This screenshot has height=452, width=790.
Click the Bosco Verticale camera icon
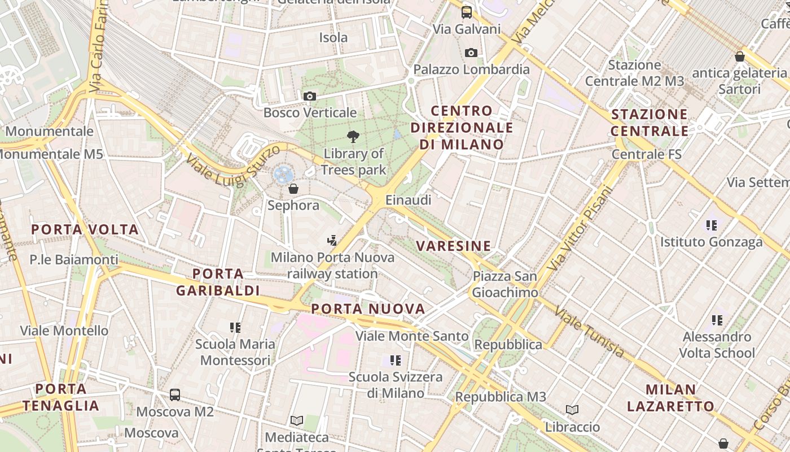click(309, 97)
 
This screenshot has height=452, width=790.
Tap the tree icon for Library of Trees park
click(353, 137)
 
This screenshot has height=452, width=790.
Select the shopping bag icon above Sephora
click(293, 189)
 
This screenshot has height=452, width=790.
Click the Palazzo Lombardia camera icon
click(471, 53)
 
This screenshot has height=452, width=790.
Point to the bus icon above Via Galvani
click(467, 12)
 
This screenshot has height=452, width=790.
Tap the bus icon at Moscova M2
click(175, 395)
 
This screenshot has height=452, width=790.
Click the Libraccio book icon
click(572, 410)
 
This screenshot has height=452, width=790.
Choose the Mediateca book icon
click(297, 421)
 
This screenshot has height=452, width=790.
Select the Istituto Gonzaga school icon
click(712, 225)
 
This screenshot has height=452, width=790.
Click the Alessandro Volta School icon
click(717, 320)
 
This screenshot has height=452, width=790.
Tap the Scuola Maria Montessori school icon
click(235, 328)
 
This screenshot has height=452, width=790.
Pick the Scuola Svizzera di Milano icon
click(395, 360)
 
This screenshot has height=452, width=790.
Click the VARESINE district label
click(454, 246)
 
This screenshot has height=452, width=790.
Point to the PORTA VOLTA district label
click(85, 229)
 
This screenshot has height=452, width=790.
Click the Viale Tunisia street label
click(589, 332)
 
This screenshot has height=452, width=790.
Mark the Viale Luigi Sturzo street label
click(233, 166)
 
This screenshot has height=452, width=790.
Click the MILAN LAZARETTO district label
click(671, 398)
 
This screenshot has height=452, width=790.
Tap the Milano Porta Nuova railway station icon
click(332, 241)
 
